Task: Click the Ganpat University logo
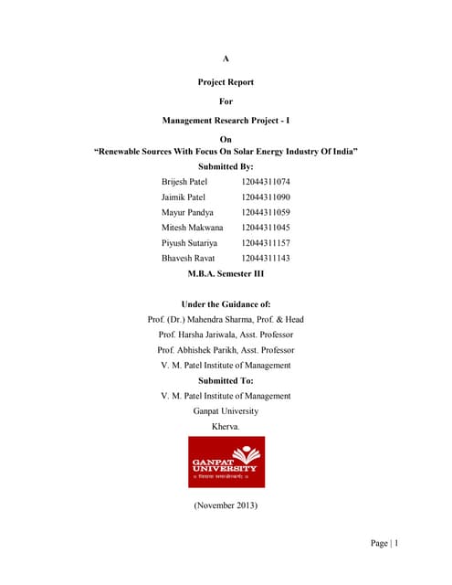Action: pos(226,463)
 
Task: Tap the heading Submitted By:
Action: pos(226,167)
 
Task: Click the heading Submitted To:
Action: pos(226,380)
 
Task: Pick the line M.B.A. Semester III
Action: pos(226,273)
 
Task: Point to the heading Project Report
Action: pos(226,82)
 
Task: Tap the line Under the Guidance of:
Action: pos(226,303)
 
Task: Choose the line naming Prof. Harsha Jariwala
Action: pos(226,335)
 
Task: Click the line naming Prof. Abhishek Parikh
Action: pos(226,350)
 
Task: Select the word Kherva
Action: pos(226,427)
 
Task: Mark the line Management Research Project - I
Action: pos(226,121)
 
